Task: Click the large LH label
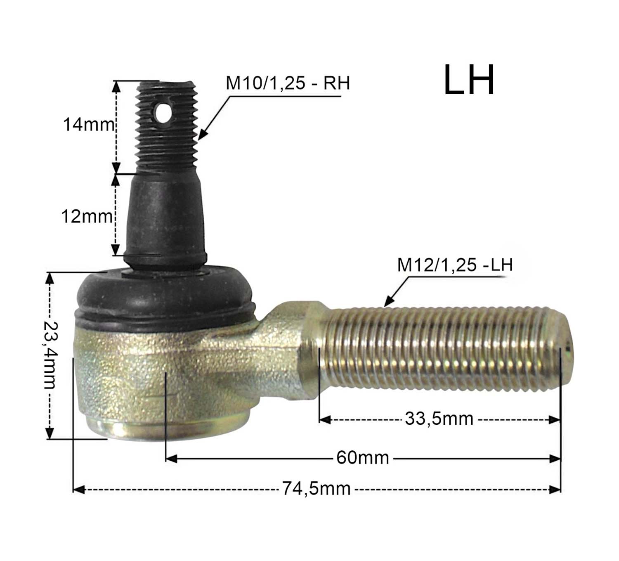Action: pyautogui.click(x=469, y=80)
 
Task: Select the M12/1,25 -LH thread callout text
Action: pyautogui.click(x=455, y=265)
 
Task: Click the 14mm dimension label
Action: pyautogui.click(x=89, y=125)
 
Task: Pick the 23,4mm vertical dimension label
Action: pyautogui.click(x=50, y=355)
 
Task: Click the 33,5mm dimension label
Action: pyautogui.click(x=439, y=419)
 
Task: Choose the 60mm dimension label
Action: pyautogui.click(x=363, y=457)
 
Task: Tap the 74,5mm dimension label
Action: pyautogui.click(x=317, y=489)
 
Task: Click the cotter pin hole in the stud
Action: pyautogui.click(x=163, y=113)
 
